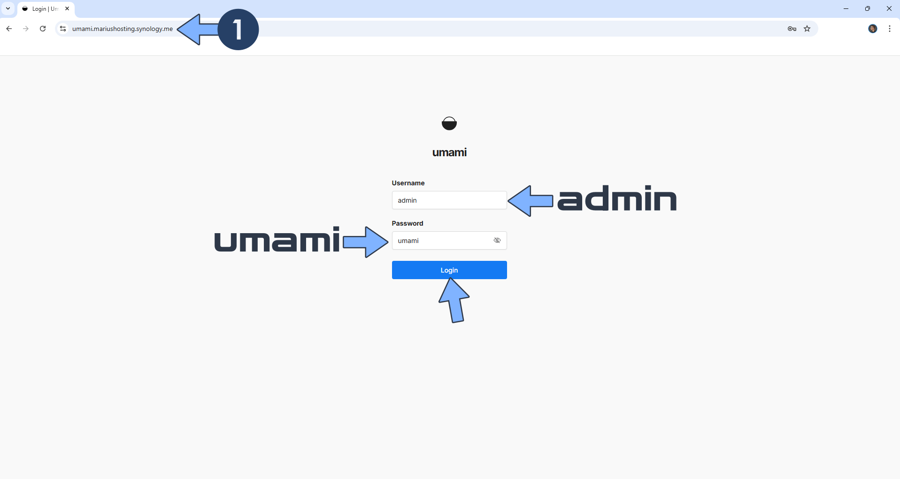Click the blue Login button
449,270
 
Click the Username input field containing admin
448,200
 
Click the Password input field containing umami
441,241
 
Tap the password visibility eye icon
497,240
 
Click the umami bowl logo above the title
449,123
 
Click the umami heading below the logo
449,152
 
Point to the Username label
408,183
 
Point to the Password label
407,223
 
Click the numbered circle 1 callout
238,29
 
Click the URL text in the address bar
122,29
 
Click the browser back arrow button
9,29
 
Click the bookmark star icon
807,29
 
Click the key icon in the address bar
792,29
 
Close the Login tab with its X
67,8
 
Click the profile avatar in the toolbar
872,29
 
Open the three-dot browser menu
889,29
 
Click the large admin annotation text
616,198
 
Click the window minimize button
846,8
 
